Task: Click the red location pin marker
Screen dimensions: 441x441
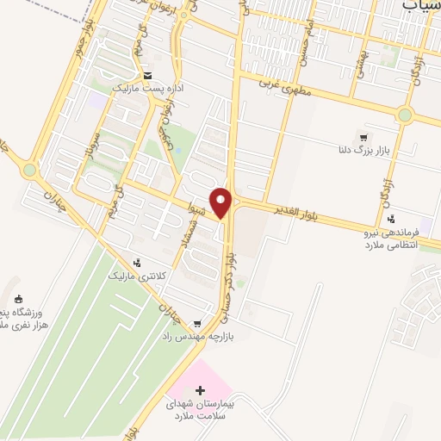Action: pyautogui.click(x=222, y=202)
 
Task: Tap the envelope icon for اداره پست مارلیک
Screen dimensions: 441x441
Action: pyautogui.click(x=147, y=75)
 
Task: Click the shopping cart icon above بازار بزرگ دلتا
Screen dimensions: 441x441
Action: pyautogui.click(x=363, y=137)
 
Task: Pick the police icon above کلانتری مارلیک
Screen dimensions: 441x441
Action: pyautogui.click(x=136, y=262)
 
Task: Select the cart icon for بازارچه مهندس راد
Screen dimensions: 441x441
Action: pyautogui.click(x=198, y=324)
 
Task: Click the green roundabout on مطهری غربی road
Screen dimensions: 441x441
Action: pyautogui.click(x=405, y=115)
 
